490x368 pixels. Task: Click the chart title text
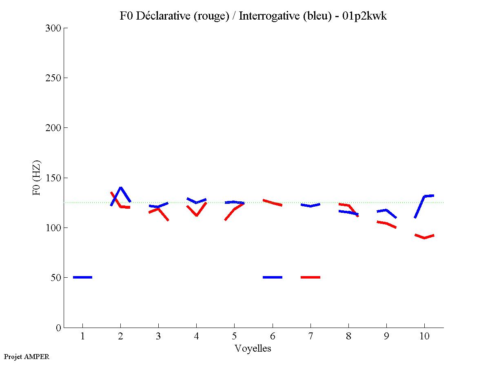pos(253,16)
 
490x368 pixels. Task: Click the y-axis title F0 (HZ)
pos(37,177)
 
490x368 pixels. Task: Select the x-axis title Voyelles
pos(253,348)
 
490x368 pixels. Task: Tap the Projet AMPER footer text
pos(27,357)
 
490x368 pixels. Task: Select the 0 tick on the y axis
pos(58,328)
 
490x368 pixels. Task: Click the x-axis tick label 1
pos(82,337)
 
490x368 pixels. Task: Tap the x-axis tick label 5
pos(234,337)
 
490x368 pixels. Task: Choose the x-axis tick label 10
pos(424,337)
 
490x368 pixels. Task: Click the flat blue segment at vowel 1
pos(82,277)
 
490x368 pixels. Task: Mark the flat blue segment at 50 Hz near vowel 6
pos(273,277)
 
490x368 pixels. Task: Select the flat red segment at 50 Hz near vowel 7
pos(310,277)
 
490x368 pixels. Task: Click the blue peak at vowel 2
pos(120,188)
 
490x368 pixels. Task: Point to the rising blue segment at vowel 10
pos(420,207)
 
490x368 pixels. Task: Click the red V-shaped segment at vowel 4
pos(196,214)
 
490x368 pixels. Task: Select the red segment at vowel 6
pos(273,203)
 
